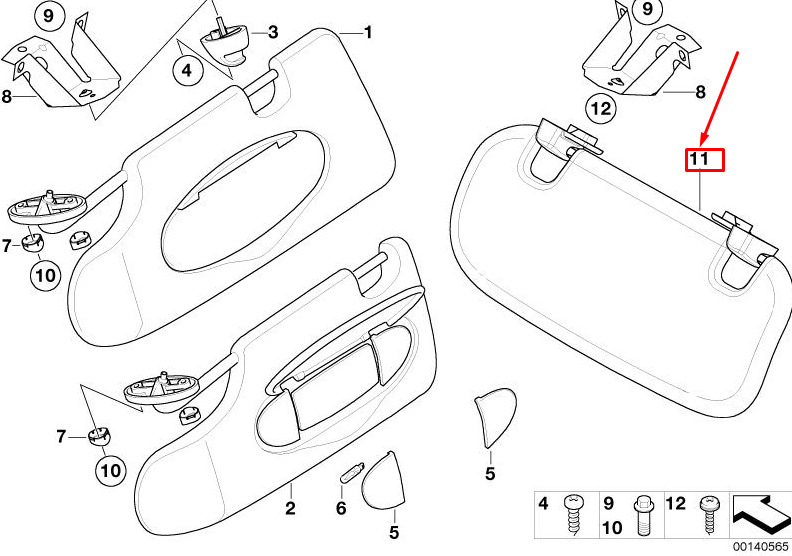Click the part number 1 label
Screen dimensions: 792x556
pos(368,32)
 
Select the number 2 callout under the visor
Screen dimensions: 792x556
pos(290,508)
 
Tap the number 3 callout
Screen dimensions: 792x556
pos(273,32)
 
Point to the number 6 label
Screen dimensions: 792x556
pos(341,508)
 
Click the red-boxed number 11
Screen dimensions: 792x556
pos(705,160)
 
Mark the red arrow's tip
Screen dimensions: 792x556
pos(701,145)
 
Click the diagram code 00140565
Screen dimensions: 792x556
pos(761,546)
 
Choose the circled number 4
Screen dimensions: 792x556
pos(187,70)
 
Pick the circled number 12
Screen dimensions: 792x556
pos(601,109)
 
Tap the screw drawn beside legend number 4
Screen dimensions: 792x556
pos(572,514)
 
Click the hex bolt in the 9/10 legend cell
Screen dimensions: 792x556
pos(642,515)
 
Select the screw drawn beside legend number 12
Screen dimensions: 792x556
pos(709,515)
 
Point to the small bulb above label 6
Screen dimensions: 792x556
pos(351,472)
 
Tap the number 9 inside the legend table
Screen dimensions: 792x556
pos(609,503)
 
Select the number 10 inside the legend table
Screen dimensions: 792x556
pos(612,527)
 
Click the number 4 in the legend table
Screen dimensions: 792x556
pos(543,503)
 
